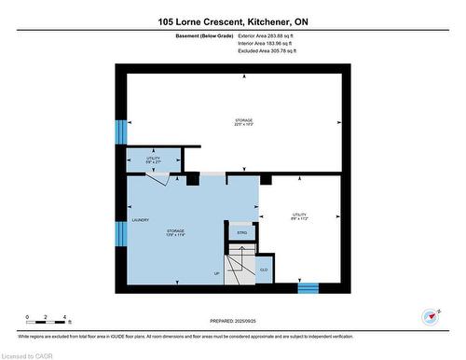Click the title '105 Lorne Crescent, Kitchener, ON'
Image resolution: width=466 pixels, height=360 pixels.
232,21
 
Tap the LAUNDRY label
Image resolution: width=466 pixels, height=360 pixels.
141,220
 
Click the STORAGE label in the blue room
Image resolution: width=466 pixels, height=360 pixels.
175,230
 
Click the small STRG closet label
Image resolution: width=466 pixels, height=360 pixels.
241,231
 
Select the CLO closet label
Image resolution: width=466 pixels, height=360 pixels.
264,270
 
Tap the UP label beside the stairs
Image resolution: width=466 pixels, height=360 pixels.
217,274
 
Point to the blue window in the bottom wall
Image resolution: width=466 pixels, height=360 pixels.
308,288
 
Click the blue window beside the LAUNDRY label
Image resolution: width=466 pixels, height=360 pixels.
119,232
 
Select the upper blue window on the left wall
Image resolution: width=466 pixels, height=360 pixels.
119,132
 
